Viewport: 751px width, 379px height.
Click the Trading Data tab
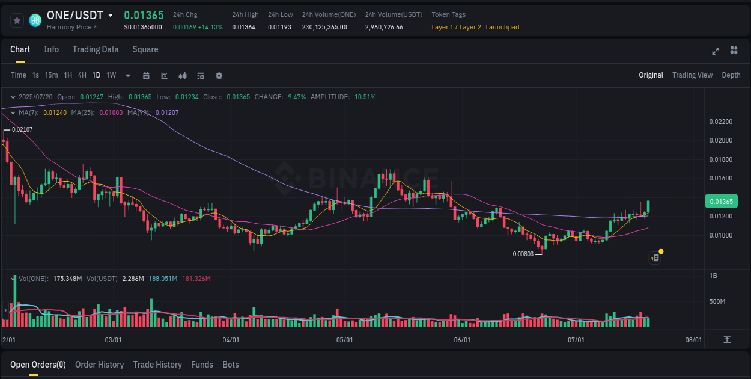(x=96, y=49)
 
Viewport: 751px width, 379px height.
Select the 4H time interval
(x=82, y=75)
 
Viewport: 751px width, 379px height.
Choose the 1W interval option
(x=111, y=75)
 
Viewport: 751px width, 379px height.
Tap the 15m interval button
(x=52, y=75)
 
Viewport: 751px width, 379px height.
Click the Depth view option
(x=731, y=75)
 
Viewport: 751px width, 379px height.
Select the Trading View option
(x=692, y=75)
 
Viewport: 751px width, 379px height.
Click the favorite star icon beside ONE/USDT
(x=17, y=20)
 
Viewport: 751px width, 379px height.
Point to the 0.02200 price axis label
(x=721, y=122)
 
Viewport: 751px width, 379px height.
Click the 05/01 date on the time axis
(x=344, y=340)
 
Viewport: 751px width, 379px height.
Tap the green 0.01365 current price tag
(x=721, y=202)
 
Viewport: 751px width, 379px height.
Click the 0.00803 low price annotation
(x=523, y=254)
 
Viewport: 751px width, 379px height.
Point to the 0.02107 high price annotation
(x=22, y=129)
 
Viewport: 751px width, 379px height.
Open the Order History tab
(x=99, y=365)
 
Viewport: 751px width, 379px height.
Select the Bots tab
(x=231, y=365)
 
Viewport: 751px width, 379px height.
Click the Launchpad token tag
(x=502, y=27)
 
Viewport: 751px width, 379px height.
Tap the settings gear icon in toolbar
(x=219, y=76)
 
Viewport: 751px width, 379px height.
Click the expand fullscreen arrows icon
(x=716, y=51)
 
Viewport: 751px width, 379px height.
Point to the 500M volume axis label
(x=718, y=301)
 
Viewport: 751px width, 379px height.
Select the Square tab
(x=145, y=49)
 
